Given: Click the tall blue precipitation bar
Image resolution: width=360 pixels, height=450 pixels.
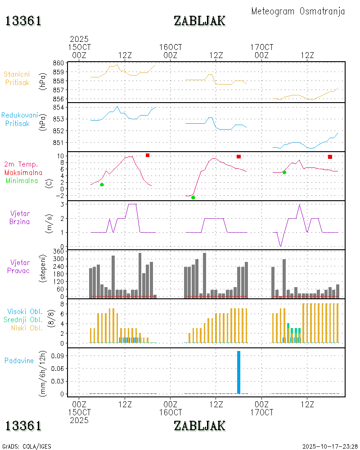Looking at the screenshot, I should pyautogui.click(x=238, y=372).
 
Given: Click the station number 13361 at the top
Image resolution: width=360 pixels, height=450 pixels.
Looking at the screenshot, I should pyautogui.click(x=23, y=21).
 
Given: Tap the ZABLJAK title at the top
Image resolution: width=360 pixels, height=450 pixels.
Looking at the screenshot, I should pyautogui.click(x=199, y=21).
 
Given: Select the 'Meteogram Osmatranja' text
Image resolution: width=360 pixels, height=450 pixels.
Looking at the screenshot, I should pyautogui.click(x=298, y=11).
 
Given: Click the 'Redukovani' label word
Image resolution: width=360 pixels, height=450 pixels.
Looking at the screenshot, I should pyautogui.click(x=19, y=115).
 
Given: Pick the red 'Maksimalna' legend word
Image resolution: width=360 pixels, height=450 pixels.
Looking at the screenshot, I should pyautogui.click(x=23, y=172).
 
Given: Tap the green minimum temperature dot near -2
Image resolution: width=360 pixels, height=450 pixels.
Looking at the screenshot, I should pyautogui.click(x=193, y=198).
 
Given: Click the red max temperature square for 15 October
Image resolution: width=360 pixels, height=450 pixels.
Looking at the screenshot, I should pyautogui.click(x=148, y=155).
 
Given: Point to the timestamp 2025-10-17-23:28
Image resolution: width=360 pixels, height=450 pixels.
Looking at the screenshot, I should pyautogui.click(x=330, y=446).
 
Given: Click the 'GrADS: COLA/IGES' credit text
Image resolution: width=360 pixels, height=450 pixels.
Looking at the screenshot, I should pyautogui.click(x=27, y=446).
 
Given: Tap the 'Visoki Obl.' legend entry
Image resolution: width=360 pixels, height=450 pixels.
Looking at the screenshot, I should pyautogui.click(x=25, y=311).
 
